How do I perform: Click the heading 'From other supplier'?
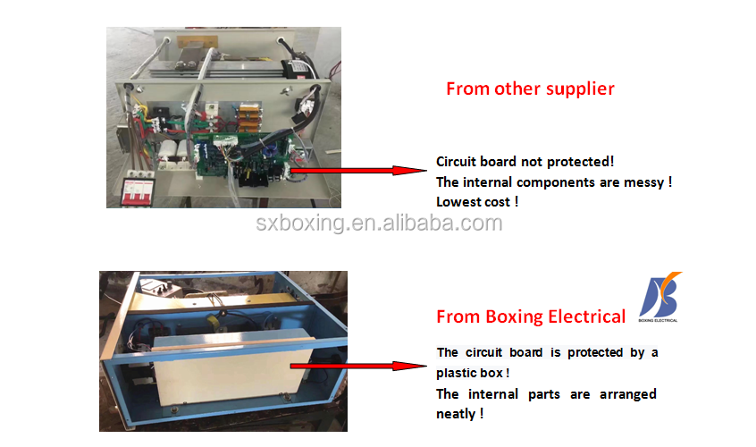[x=530, y=89]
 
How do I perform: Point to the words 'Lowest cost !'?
[x=476, y=202]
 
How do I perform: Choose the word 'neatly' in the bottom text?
[x=456, y=414]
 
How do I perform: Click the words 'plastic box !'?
[x=473, y=373]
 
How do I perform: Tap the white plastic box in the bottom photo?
[x=231, y=367]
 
